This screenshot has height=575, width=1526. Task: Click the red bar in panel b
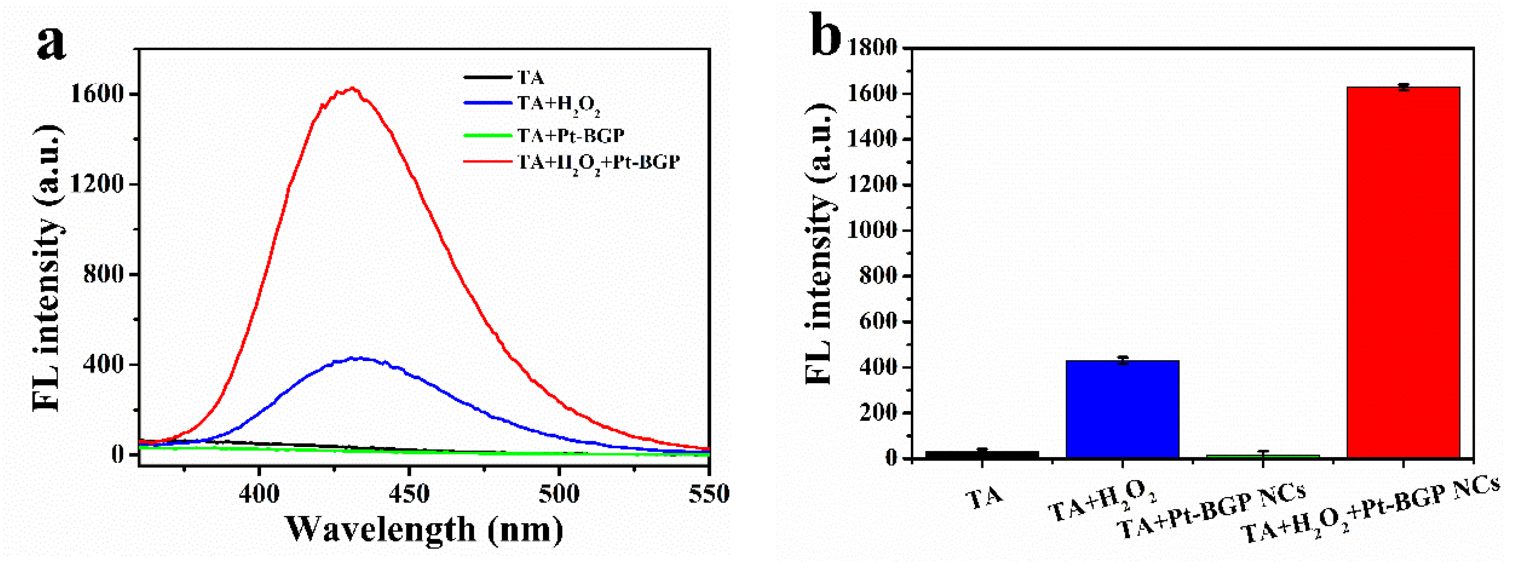pyautogui.click(x=1403, y=272)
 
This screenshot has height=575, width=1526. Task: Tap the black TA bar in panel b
pyautogui.click(x=982, y=454)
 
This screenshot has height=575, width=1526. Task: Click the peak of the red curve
pyautogui.click(x=352, y=89)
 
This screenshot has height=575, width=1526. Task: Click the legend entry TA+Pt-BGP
pyautogui.click(x=570, y=136)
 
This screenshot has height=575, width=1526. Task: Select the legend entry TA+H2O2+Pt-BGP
pyautogui.click(x=598, y=162)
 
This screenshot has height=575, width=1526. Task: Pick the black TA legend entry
pyautogui.click(x=530, y=78)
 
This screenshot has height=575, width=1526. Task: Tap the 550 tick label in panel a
pyautogui.click(x=709, y=493)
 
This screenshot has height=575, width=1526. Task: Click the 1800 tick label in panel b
pyautogui.click(x=873, y=47)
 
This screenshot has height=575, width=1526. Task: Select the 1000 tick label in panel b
pyautogui.click(x=873, y=230)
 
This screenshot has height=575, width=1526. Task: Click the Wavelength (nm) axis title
pyautogui.click(x=424, y=529)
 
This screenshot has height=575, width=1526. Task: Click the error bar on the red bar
pyautogui.click(x=1403, y=87)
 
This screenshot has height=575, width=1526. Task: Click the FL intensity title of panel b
pyautogui.click(x=821, y=243)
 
